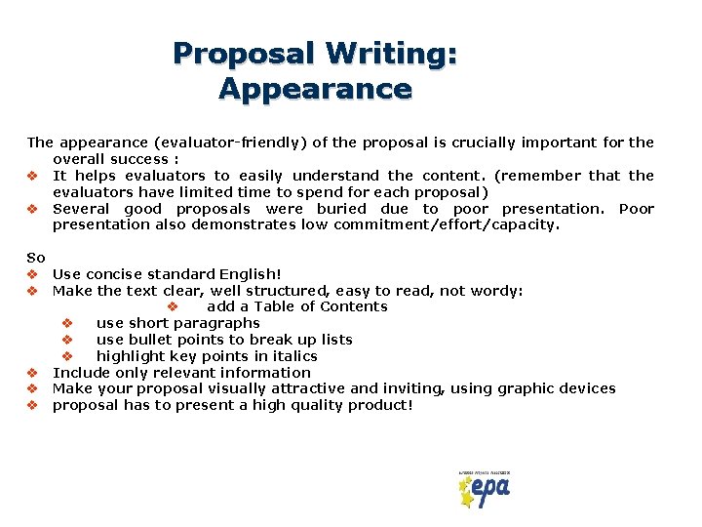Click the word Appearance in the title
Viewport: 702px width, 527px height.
(x=315, y=89)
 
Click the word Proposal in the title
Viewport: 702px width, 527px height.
(x=243, y=53)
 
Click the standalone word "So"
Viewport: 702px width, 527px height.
(x=36, y=257)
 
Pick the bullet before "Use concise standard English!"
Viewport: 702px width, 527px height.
(x=32, y=274)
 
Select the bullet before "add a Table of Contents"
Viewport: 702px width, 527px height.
(x=173, y=306)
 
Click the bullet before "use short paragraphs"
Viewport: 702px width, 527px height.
(x=67, y=323)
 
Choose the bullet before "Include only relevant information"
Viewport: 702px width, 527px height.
(x=32, y=373)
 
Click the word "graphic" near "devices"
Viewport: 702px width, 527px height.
(x=528, y=388)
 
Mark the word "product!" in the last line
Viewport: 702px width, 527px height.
(x=379, y=405)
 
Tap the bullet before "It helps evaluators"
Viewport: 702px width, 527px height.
(x=32, y=176)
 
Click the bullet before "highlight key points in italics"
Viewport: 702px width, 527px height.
(x=67, y=356)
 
